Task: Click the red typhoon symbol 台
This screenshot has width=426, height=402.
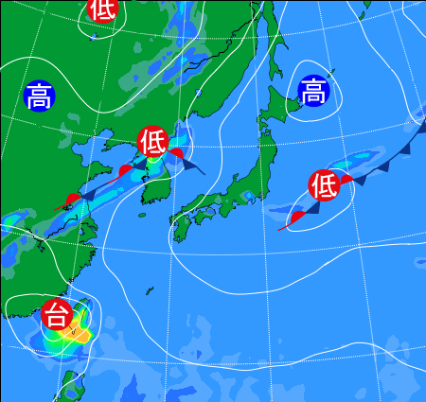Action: point(56,312)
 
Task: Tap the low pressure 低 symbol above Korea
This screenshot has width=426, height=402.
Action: point(152,142)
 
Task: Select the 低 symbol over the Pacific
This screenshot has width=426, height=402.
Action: point(323,185)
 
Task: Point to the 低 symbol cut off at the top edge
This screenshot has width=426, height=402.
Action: point(102,9)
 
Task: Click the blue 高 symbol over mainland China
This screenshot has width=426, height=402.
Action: point(38,96)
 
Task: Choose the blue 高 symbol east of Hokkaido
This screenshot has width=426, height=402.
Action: point(313,91)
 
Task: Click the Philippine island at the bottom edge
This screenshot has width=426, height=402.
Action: point(67,388)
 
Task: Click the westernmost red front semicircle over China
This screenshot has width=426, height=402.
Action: point(73,199)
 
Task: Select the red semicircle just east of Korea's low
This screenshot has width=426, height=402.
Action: point(176,152)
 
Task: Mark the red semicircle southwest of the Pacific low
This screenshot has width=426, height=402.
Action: point(296,218)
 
